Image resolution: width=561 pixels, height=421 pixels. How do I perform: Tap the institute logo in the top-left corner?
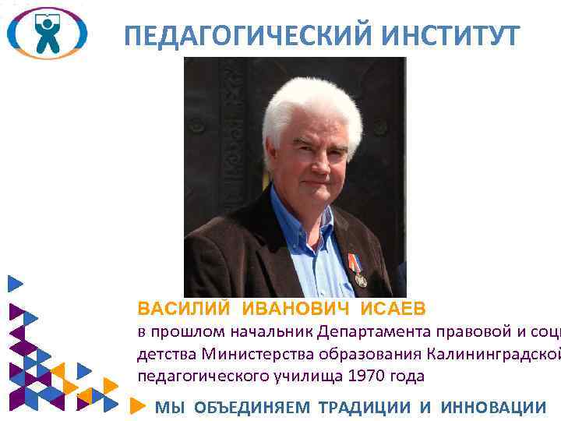tap(47, 33)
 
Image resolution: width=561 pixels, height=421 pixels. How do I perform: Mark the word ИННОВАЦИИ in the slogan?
tap(493, 406)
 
